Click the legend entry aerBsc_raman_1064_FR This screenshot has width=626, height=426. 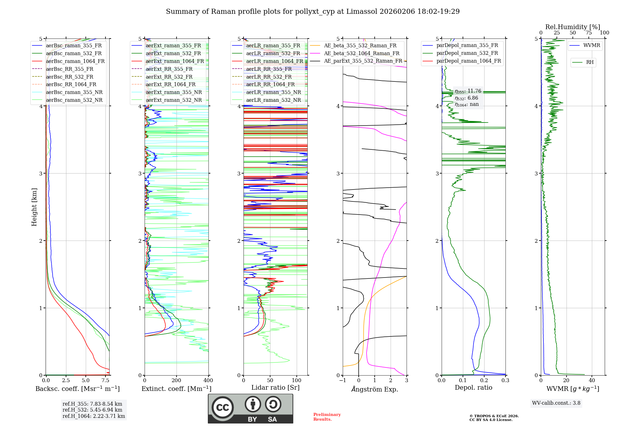click(x=75, y=61)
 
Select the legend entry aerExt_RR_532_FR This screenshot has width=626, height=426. click(x=169, y=77)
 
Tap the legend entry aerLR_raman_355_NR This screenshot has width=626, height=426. click(x=273, y=92)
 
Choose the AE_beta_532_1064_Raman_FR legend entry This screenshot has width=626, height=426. click(x=362, y=53)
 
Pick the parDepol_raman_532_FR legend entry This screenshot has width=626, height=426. click(x=467, y=53)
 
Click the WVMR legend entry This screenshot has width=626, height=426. click(x=592, y=45)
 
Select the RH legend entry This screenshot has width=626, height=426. click(x=590, y=62)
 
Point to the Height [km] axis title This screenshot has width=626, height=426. click(x=34, y=207)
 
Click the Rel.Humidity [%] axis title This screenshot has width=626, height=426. click(x=572, y=27)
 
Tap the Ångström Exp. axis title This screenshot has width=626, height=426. click(x=374, y=389)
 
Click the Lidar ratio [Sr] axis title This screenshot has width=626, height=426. click(x=275, y=387)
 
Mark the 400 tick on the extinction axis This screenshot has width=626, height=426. click(x=208, y=381)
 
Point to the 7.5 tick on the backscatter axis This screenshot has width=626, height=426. click(x=105, y=381)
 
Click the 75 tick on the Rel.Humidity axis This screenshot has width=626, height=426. click(x=588, y=33)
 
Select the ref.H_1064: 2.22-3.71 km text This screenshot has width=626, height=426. click(x=94, y=416)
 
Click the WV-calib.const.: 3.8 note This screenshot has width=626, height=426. click(x=556, y=403)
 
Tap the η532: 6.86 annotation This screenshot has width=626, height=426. click(x=466, y=98)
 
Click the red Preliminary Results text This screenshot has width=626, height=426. click(x=327, y=417)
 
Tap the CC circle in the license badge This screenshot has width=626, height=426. click(x=223, y=407)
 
